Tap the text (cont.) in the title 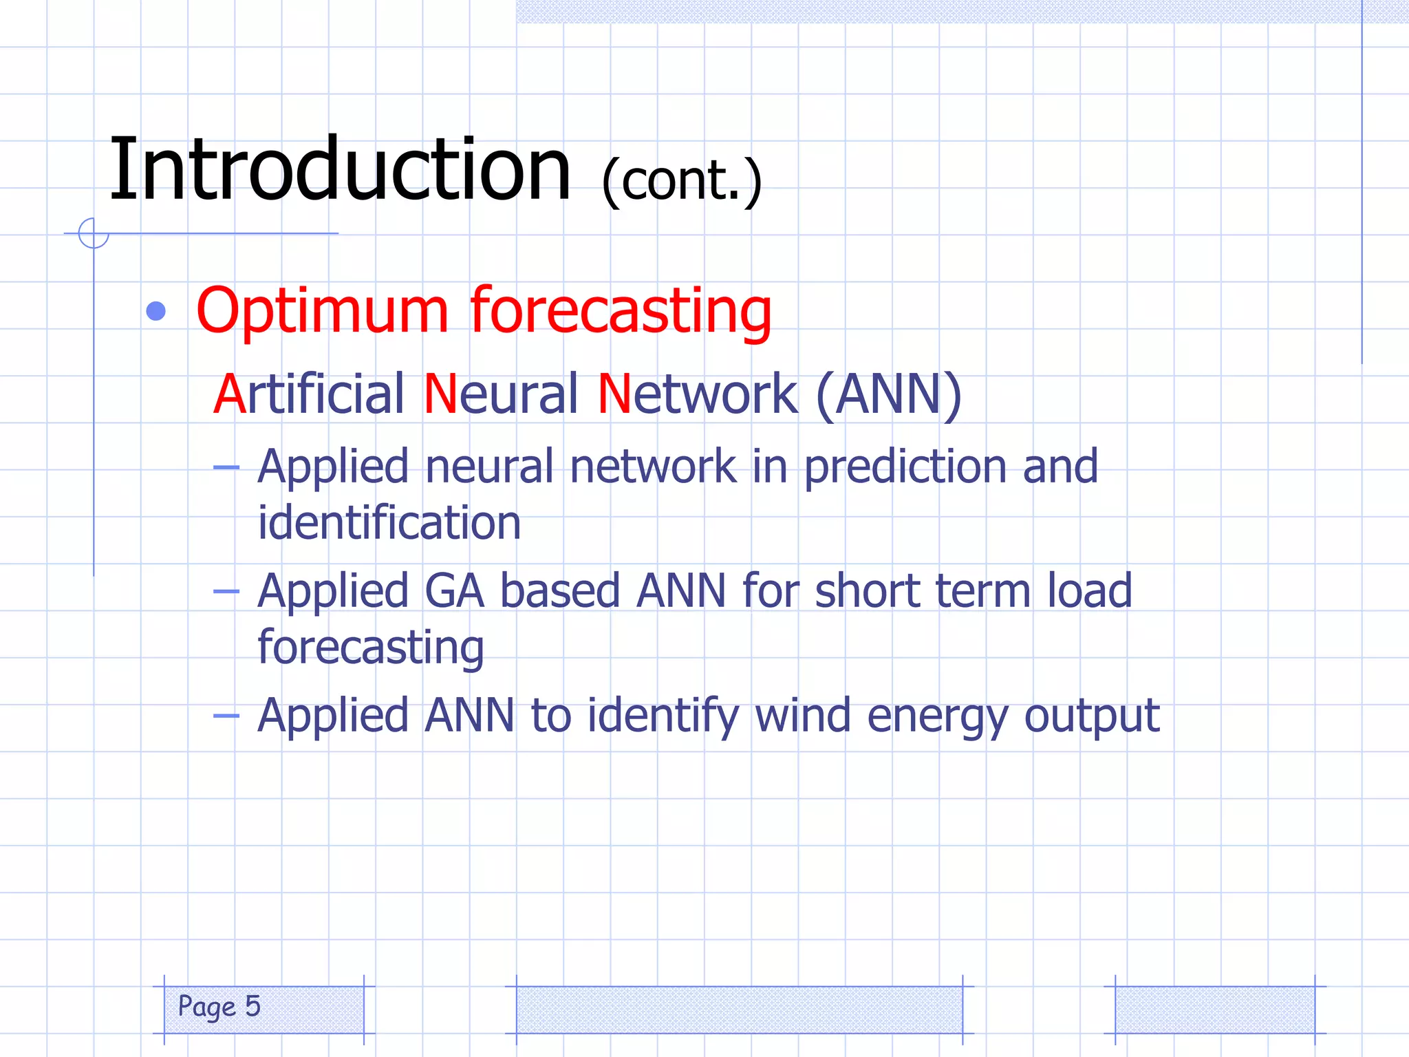click(x=681, y=180)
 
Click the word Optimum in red click(x=322, y=311)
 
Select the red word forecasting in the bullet click(x=621, y=311)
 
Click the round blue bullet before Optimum click(x=156, y=311)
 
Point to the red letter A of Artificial click(x=229, y=394)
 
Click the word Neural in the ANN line click(x=501, y=394)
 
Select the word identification click(x=389, y=523)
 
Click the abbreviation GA click(x=454, y=592)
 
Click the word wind click(x=802, y=716)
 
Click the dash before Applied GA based click(x=226, y=591)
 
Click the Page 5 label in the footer click(x=219, y=1006)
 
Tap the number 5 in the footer click(x=252, y=1005)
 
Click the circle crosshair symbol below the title click(x=94, y=233)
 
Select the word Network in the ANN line click(x=697, y=394)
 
